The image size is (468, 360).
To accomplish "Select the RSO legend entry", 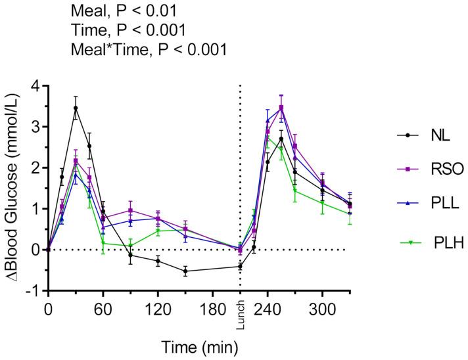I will point(427,169).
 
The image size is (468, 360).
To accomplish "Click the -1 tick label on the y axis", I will point(32,291).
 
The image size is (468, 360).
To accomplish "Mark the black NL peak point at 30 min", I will point(76,108).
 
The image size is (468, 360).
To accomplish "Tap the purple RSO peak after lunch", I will point(281,107).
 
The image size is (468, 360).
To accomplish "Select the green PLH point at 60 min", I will point(103,243).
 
